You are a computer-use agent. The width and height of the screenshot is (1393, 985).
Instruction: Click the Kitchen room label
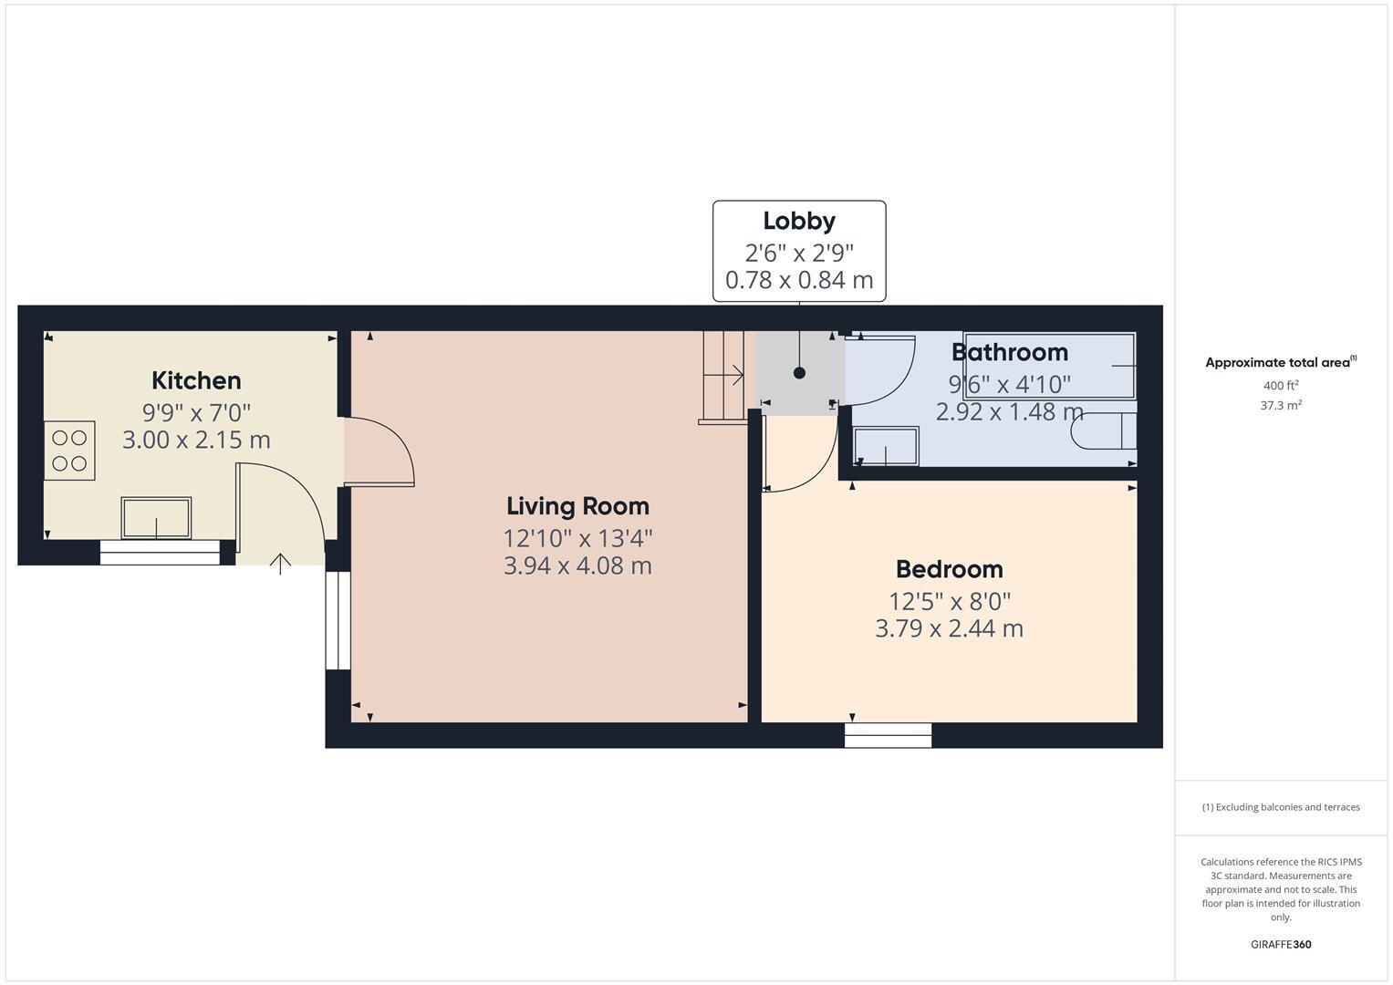pos(196,380)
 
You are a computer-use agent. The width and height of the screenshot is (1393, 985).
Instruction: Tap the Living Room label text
pos(577,506)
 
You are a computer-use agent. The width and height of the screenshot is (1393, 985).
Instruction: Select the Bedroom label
pos(949,569)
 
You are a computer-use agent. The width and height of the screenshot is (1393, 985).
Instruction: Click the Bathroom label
pos(1009,352)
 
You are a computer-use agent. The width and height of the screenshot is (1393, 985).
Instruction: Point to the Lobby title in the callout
pos(799,221)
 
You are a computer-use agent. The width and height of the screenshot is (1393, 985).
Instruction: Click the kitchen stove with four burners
pos(69,451)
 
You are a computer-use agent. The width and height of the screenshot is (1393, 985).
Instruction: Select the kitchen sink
pos(156,517)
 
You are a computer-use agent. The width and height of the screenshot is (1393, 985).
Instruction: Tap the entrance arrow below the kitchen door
pos(280,564)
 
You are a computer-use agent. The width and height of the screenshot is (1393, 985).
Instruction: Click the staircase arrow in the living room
pos(732,374)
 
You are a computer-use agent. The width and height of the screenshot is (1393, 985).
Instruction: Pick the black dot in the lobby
pos(800,373)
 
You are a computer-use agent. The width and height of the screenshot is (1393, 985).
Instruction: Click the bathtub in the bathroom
pos(1049,366)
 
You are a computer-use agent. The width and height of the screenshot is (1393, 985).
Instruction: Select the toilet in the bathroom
pos(1104,431)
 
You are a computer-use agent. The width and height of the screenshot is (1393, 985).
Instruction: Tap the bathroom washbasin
pos(885,446)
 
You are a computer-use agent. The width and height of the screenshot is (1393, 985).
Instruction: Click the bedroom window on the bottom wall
pos(888,735)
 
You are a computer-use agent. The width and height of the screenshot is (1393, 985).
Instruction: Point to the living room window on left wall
pos(338,620)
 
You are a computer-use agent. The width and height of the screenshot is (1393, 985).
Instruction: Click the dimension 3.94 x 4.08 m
pos(577,566)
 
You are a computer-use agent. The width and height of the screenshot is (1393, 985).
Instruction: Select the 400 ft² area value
pos(1280,386)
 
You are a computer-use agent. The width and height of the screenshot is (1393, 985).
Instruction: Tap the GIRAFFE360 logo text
pos(1280,944)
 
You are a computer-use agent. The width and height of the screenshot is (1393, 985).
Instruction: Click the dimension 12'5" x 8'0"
pos(949,602)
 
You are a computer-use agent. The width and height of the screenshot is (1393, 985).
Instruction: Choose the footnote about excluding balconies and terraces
pos(1280,807)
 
